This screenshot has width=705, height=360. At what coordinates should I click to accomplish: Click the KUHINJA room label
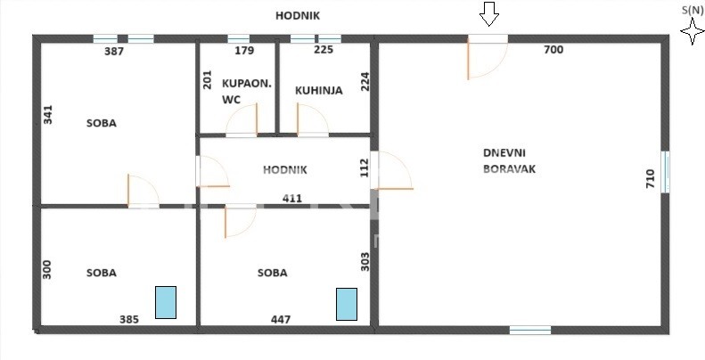tap(319, 90)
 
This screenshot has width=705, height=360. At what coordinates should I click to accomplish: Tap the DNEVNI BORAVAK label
tap(509, 161)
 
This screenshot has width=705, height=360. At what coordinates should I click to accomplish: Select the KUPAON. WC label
tap(247, 92)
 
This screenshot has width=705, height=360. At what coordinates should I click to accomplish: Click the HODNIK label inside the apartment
tap(285, 170)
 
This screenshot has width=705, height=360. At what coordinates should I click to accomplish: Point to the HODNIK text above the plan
tap(298, 16)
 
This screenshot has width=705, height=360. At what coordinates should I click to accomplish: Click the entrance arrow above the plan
tap(489, 13)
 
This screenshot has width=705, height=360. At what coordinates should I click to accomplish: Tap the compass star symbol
tap(693, 32)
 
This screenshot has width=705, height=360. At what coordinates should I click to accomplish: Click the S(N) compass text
tap(693, 11)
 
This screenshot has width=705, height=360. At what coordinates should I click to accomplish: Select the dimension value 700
tap(553, 50)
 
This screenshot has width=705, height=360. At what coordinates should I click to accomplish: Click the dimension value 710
tap(651, 178)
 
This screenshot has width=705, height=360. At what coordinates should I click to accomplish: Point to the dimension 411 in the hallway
tap(292, 198)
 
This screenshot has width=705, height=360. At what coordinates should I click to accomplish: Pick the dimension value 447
tap(281, 320)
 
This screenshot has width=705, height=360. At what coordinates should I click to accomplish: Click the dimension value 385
tap(129, 320)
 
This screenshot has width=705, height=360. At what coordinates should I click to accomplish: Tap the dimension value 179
tap(244, 50)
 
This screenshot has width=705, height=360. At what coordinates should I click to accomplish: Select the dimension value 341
tap(48, 115)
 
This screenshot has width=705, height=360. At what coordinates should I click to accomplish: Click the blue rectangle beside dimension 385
tap(166, 302)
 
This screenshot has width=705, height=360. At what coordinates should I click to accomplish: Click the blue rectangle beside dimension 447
tap(347, 304)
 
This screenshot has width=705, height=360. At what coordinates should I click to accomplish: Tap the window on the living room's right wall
tap(666, 172)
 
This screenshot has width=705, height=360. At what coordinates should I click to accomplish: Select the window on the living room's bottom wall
tap(530, 331)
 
